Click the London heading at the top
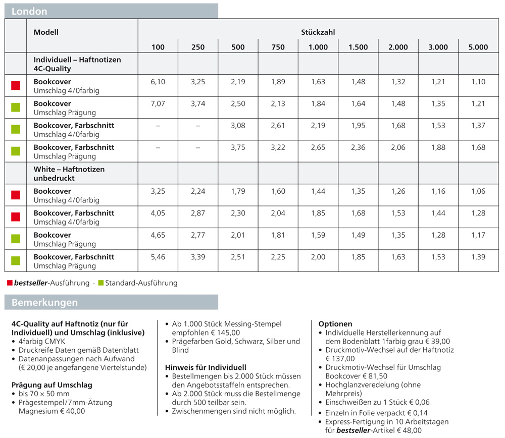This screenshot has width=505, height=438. click(29, 11)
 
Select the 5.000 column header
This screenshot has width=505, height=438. click(478, 47)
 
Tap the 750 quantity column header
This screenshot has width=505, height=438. click(278, 47)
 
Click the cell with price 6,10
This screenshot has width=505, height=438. click(158, 82)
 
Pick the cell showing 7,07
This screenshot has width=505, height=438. click(158, 103)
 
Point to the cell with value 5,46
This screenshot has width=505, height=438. click(158, 257)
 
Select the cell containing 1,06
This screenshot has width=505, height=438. click(478, 191)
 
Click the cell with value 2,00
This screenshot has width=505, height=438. click(318, 257)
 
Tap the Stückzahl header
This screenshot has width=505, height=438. click(318, 32)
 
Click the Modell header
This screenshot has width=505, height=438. click(46, 32)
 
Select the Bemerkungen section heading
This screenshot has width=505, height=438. click(44, 303)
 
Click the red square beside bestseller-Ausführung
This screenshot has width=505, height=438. click(10, 283)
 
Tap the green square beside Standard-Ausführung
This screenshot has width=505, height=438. click(100, 283)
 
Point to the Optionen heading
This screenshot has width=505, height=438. click(335, 324)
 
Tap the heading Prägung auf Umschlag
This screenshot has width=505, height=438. click(52, 385)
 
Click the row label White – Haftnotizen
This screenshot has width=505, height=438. click(69, 170)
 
